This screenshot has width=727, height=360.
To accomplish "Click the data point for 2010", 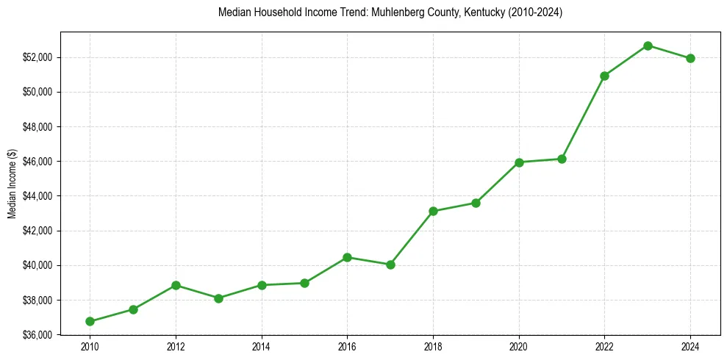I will point(90,321).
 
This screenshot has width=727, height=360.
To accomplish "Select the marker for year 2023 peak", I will point(648,46).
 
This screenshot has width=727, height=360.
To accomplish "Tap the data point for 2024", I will point(690,58).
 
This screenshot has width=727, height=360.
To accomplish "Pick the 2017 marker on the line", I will point(390,264).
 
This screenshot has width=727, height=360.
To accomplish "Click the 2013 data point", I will point(218,298).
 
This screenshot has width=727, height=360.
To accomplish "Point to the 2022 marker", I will point(604,76).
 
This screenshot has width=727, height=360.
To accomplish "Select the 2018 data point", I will point(433,211).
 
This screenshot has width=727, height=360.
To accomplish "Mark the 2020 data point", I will point(519,162).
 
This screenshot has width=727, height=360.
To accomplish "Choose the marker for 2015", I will point(304,283).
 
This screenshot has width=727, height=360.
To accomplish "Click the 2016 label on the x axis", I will point(347,347).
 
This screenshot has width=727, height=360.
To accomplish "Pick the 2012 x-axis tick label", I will point(176,347).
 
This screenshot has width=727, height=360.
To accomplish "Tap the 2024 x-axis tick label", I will point(690,347).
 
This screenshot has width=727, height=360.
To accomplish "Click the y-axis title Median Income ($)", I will point(12,183).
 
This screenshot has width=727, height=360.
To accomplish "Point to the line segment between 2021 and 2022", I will point(583,118).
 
